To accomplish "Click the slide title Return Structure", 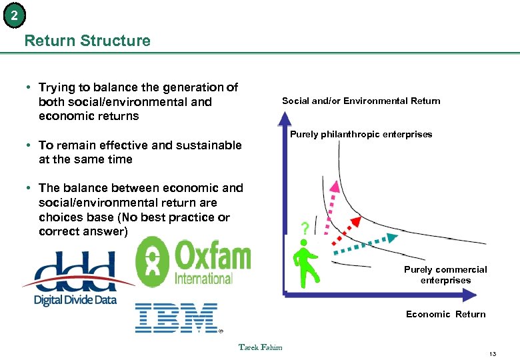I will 87,41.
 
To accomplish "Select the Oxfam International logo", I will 193,262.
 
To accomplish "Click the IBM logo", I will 177,317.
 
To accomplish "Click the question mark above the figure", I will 304,229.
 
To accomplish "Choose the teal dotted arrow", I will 366,244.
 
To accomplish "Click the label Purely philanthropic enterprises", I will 361,135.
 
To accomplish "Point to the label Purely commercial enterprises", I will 445,275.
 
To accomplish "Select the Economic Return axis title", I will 445,314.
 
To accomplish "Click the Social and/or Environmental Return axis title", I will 361,101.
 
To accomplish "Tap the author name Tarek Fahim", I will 260,347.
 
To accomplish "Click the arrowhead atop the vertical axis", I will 285,119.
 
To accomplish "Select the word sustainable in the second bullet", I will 209,145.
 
